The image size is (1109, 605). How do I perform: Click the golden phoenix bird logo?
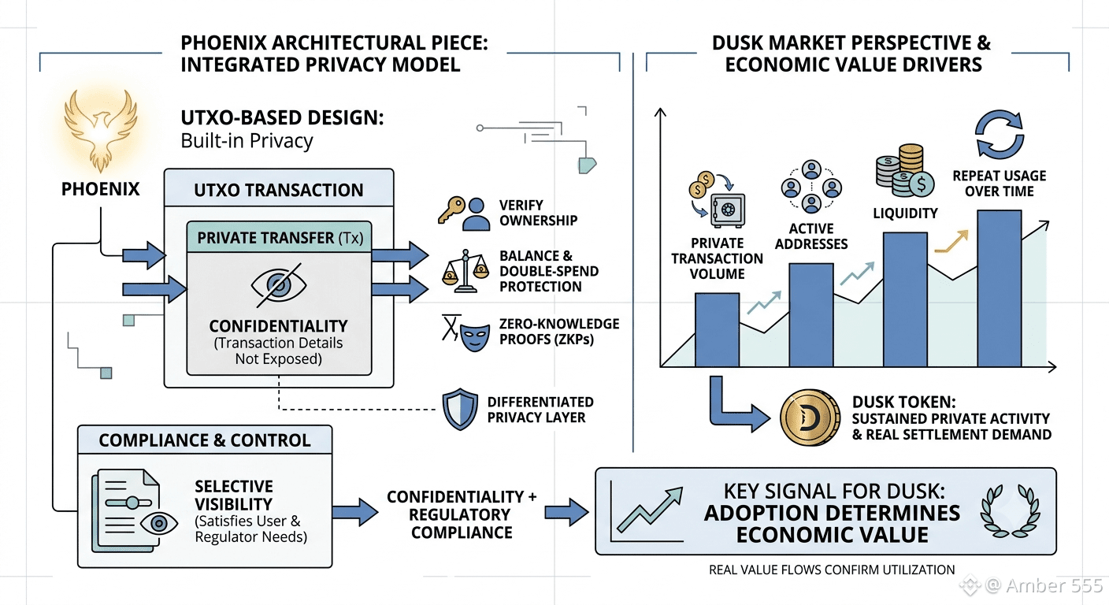(101, 130)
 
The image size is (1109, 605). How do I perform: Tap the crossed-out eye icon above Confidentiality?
(279, 284)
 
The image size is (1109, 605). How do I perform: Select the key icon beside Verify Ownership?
(451, 210)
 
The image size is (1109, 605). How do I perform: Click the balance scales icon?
(465, 271)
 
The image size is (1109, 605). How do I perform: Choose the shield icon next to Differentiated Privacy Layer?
(461, 409)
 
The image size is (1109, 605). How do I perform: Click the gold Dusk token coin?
(810, 418)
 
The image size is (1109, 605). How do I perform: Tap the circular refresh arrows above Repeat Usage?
(1000, 134)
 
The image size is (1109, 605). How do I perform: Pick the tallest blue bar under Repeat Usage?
(999, 288)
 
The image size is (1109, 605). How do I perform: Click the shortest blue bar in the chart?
(717, 330)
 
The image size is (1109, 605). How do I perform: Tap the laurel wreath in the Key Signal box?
(1011, 511)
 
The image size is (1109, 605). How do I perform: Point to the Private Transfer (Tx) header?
(280, 238)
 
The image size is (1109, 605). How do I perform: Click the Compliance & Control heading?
(205, 440)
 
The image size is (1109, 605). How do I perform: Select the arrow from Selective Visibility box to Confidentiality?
(355, 512)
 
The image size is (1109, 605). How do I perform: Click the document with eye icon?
(135, 511)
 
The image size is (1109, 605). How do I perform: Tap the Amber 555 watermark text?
(1054, 585)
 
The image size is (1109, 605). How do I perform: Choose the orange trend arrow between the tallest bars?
(951, 242)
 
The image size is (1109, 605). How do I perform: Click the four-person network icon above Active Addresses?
(811, 187)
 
